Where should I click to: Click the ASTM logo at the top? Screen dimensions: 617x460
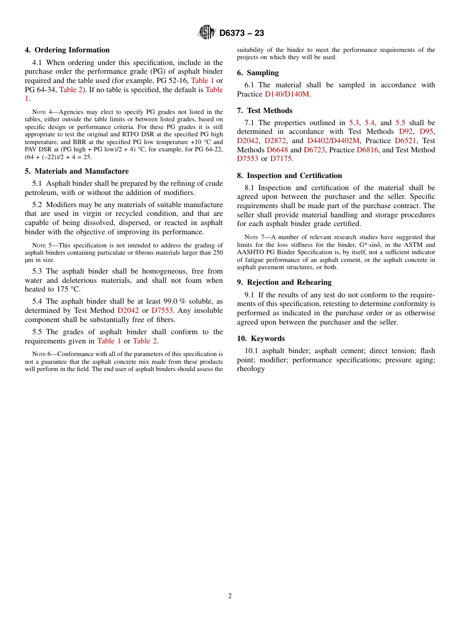(x=207, y=32)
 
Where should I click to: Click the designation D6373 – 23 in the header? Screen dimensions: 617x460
(x=242, y=33)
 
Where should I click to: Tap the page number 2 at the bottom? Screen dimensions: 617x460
(x=230, y=596)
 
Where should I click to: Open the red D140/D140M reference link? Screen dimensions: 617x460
(x=287, y=94)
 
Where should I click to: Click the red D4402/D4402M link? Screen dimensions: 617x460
(x=333, y=141)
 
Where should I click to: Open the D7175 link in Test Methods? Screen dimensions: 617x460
(x=281, y=159)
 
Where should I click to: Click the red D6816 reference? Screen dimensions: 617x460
(x=368, y=150)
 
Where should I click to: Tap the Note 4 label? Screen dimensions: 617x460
(x=44, y=112)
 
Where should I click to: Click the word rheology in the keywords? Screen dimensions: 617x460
(x=251, y=369)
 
